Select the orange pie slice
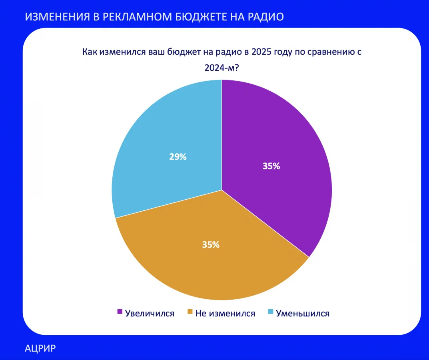[211, 252]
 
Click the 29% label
[178, 157]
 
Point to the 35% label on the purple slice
[271, 166]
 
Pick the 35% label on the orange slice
[211, 245]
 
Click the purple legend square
[120, 312]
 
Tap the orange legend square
[190, 312]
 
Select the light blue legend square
[271, 312]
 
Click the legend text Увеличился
[150, 314]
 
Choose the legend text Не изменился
[225, 314]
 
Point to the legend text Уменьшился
[303, 314]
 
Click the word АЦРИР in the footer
[40, 348]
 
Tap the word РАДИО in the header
[265, 17]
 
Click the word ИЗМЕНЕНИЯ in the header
[58, 17]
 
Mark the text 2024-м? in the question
[221, 68]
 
